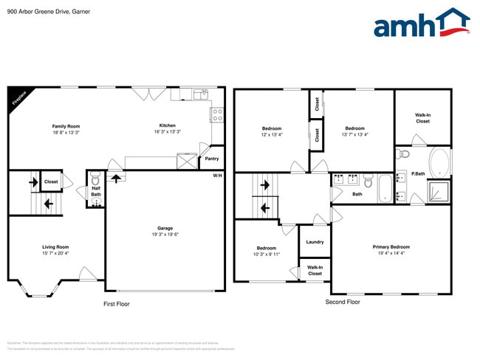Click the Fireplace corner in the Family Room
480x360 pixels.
(x=18, y=99)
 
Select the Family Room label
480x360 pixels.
(x=65, y=126)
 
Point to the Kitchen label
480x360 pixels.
(x=168, y=126)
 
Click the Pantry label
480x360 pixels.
(x=212, y=158)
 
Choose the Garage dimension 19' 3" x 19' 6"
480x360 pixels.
(x=165, y=234)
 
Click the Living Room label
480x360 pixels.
(x=55, y=247)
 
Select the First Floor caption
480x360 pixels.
(x=116, y=303)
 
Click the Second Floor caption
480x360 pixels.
(x=343, y=302)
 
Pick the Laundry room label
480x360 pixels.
(x=315, y=242)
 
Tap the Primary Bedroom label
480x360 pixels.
(x=391, y=247)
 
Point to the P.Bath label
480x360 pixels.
(x=418, y=173)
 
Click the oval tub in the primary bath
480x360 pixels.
(x=439, y=162)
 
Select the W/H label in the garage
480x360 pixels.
(x=217, y=176)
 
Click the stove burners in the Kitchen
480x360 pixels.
(x=218, y=114)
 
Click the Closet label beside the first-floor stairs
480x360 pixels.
(x=51, y=181)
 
